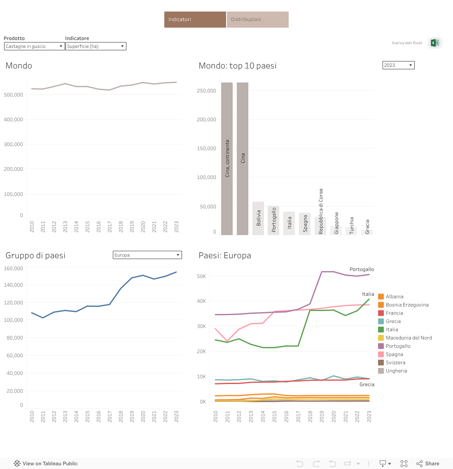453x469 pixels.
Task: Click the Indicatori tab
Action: coord(195,19)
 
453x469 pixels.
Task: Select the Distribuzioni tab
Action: coord(257,19)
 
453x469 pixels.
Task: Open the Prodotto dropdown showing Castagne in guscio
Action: coord(34,46)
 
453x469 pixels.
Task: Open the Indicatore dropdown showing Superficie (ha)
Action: coord(96,46)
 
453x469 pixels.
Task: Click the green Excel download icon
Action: coord(434,43)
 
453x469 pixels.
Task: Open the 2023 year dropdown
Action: coord(398,65)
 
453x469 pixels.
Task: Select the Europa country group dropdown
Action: coord(147,255)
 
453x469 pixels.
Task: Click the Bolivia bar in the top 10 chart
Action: coord(258,218)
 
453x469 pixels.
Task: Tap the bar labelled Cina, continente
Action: coord(227,159)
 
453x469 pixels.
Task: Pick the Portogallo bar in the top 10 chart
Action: coord(273,220)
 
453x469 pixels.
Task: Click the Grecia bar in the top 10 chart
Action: coord(367,232)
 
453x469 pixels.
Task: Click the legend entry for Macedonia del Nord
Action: coord(409,338)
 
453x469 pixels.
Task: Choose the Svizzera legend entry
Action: coord(395,363)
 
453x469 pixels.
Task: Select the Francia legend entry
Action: coord(394,313)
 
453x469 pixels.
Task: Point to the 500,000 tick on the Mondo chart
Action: coord(14,95)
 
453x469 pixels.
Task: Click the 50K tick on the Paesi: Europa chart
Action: coord(201,276)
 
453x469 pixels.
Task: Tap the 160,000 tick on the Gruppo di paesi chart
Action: coord(14,269)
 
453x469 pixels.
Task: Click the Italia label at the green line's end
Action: coord(368,294)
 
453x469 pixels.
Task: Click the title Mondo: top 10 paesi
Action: coord(238,66)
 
